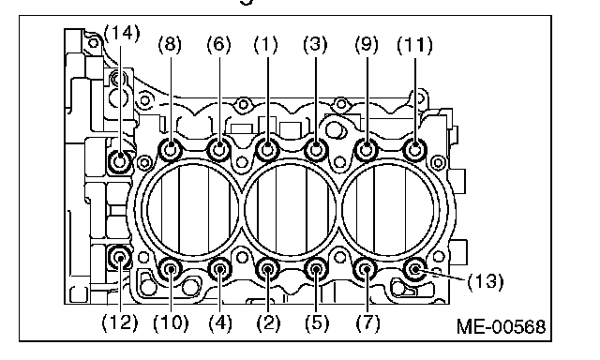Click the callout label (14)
pos(122,34)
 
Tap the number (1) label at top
pos(266,45)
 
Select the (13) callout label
pos(486,281)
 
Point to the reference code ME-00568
pos(502,326)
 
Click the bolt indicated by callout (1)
pos(267,149)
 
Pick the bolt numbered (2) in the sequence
pos(267,270)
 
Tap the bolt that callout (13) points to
pos(415,270)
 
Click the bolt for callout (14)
pos(120,161)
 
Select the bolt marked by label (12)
pos(120,258)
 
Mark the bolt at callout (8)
pos(171,149)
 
